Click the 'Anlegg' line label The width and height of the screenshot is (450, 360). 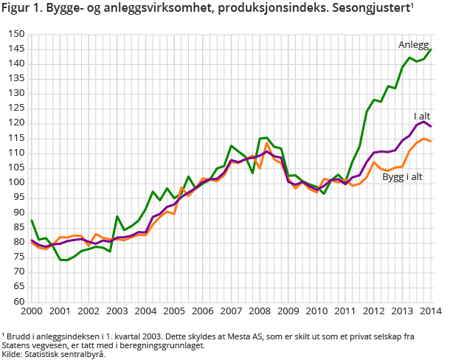click(413, 45)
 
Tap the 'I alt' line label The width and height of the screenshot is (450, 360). click(421, 117)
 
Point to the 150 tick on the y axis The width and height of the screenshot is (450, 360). click(17, 34)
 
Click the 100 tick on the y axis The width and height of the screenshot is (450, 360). click(17, 182)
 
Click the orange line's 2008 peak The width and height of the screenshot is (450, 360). click(267, 143)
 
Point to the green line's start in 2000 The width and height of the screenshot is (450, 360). click(31, 220)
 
